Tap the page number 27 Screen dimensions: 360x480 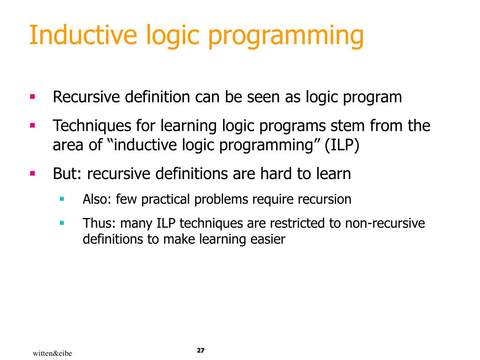(201, 351)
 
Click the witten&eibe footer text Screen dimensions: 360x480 (52, 352)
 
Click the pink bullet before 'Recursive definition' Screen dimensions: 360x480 (32, 97)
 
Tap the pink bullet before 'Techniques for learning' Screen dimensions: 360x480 (32, 126)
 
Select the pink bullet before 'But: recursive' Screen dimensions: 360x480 (32, 174)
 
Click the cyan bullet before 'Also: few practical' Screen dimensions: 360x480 (62, 199)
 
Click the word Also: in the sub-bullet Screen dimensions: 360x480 (97, 199)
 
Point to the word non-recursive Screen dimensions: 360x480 (385, 223)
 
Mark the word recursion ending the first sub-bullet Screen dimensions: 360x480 (325, 199)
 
